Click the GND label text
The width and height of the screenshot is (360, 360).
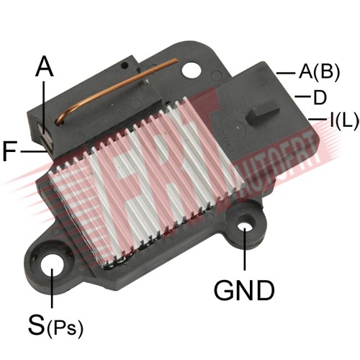tap(244, 290)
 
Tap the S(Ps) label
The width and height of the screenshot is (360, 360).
tap(55, 325)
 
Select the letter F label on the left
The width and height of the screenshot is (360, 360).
tap(10, 151)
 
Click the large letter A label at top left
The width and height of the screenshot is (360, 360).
tap(44, 66)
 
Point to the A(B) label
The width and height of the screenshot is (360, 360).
tap(319, 71)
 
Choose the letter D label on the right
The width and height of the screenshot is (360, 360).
tap(320, 97)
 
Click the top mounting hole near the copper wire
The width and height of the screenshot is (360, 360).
tap(192, 70)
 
